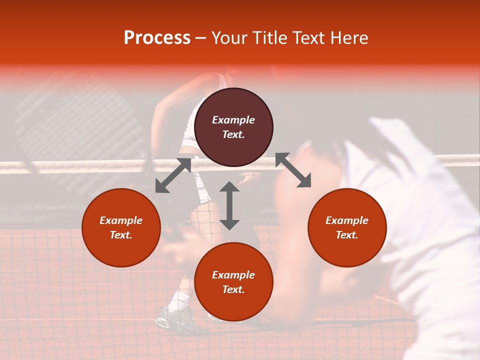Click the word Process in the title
click(x=157, y=37)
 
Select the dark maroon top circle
click(x=233, y=127)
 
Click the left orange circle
click(x=121, y=227)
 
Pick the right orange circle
click(x=347, y=227)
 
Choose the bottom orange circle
click(x=233, y=282)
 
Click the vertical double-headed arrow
click(x=229, y=205)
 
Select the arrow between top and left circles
click(x=173, y=175)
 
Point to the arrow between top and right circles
click(x=293, y=170)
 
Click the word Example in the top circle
click(x=233, y=120)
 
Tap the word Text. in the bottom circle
click(x=233, y=289)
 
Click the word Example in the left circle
click(x=121, y=220)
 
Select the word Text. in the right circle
click(x=347, y=235)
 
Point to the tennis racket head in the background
click(x=80, y=125)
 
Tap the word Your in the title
click(x=229, y=37)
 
